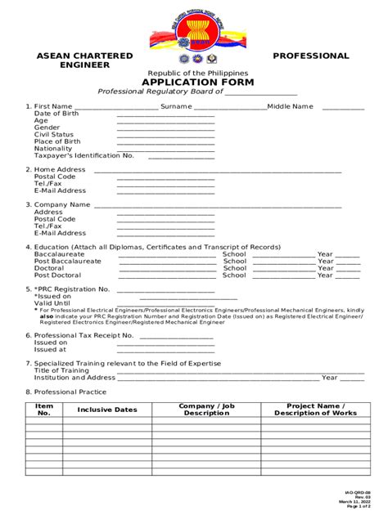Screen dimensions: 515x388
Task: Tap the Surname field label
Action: [176, 106]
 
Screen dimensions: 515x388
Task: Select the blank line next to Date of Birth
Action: [165, 114]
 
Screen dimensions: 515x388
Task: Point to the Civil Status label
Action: [53, 135]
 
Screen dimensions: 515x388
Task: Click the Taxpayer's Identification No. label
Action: [83, 155]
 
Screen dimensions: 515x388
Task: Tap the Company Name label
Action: [62, 204]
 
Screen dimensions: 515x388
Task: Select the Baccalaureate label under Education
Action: [61, 253]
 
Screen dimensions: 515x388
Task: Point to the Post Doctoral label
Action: [57, 275]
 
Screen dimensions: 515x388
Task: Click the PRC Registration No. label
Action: [71, 289]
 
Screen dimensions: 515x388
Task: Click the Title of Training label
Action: [61, 370]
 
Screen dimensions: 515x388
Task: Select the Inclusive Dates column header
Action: [107, 410]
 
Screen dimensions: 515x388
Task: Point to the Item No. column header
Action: [44, 410]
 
